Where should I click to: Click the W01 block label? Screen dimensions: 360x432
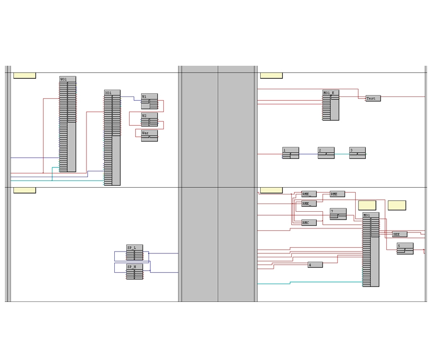[64, 79]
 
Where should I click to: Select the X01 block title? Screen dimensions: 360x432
[108, 93]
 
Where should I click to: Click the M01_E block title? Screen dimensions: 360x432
[329, 93]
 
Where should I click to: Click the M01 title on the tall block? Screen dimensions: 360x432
[367, 215]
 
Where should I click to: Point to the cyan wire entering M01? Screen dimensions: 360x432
[326, 282]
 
